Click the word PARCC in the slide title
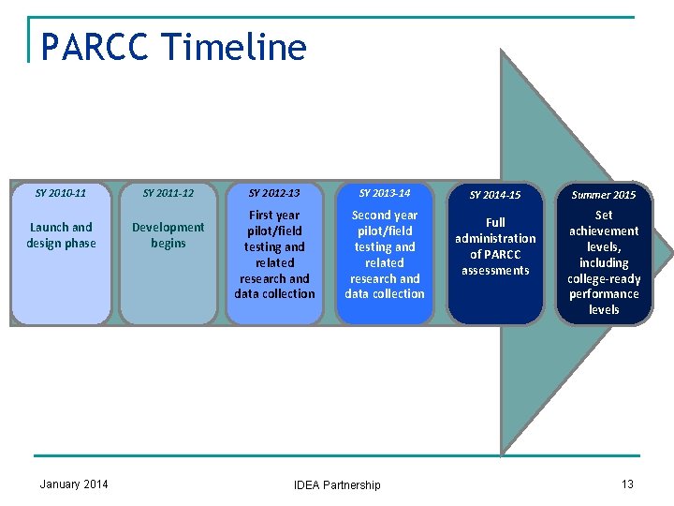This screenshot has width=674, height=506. pos(94,46)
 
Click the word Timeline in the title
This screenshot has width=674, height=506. pos(234,46)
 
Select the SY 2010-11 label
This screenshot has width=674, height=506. pos(61,193)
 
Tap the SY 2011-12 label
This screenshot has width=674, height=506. pos(168,193)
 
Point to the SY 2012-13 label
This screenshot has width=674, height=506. pos(274,193)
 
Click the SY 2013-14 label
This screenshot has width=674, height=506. pos(385,193)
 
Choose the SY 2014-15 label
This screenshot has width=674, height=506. pos(495,195)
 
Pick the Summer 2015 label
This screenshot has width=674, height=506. pos(604,195)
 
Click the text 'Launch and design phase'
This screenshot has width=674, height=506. pos(61,235)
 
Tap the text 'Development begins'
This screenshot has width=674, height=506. pos(168,235)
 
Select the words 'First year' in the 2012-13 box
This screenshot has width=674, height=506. pos(274,216)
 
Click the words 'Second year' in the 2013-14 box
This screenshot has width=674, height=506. pos(385,216)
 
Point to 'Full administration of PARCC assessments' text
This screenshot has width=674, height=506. pos(495,246)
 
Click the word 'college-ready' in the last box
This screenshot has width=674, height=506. pos(604,278)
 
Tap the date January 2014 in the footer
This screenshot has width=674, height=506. pos(74,484)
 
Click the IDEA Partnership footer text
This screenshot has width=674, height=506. pos(337,485)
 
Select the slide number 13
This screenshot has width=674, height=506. pos(627,484)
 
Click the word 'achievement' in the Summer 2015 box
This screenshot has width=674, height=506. pos(604,231)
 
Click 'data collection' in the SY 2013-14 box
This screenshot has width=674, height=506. pos(385,294)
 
